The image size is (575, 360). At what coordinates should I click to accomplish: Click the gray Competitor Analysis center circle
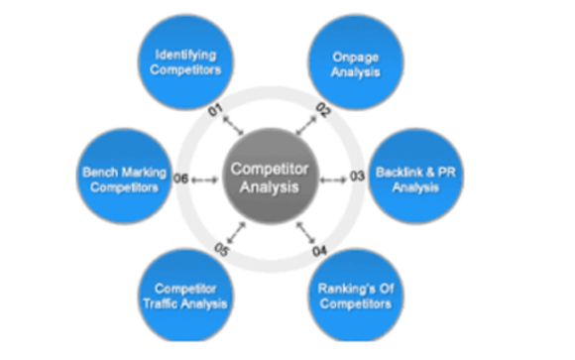[271, 178]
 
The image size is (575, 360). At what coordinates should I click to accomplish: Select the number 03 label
[358, 179]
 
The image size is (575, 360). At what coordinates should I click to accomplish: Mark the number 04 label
[321, 249]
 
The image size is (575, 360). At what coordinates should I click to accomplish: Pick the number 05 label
[219, 249]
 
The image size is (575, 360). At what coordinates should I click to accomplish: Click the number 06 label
[181, 179]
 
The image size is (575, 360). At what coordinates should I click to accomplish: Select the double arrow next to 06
[205, 179]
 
